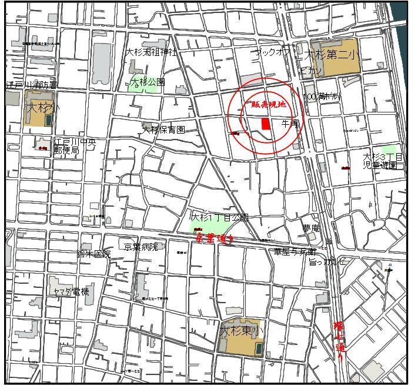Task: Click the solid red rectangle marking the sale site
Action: pos(266,124)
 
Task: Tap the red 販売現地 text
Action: pos(266,104)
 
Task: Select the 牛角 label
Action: pos(290,124)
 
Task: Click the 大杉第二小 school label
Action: pos(333,55)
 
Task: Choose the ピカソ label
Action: pos(310,71)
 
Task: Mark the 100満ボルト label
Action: pos(321,97)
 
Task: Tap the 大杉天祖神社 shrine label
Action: pos(151,52)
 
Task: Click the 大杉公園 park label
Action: pos(148,82)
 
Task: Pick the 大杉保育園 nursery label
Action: pos(163,129)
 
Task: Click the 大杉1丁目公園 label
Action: pos(220,217)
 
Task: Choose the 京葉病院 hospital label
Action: pos(141,247)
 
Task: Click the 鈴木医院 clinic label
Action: pos(93,254)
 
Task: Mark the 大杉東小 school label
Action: pos(242,331)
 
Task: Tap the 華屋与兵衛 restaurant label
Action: pos(295,251)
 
